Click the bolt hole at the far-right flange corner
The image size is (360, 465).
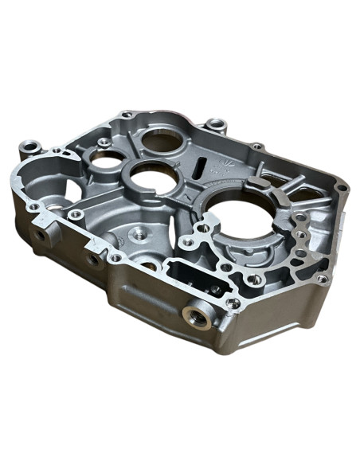coord(342,189)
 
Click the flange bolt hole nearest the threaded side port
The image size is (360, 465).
coord(233,303)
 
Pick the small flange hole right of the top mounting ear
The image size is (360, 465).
coord(258,147)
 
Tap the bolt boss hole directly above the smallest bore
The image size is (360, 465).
coord(104,144)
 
